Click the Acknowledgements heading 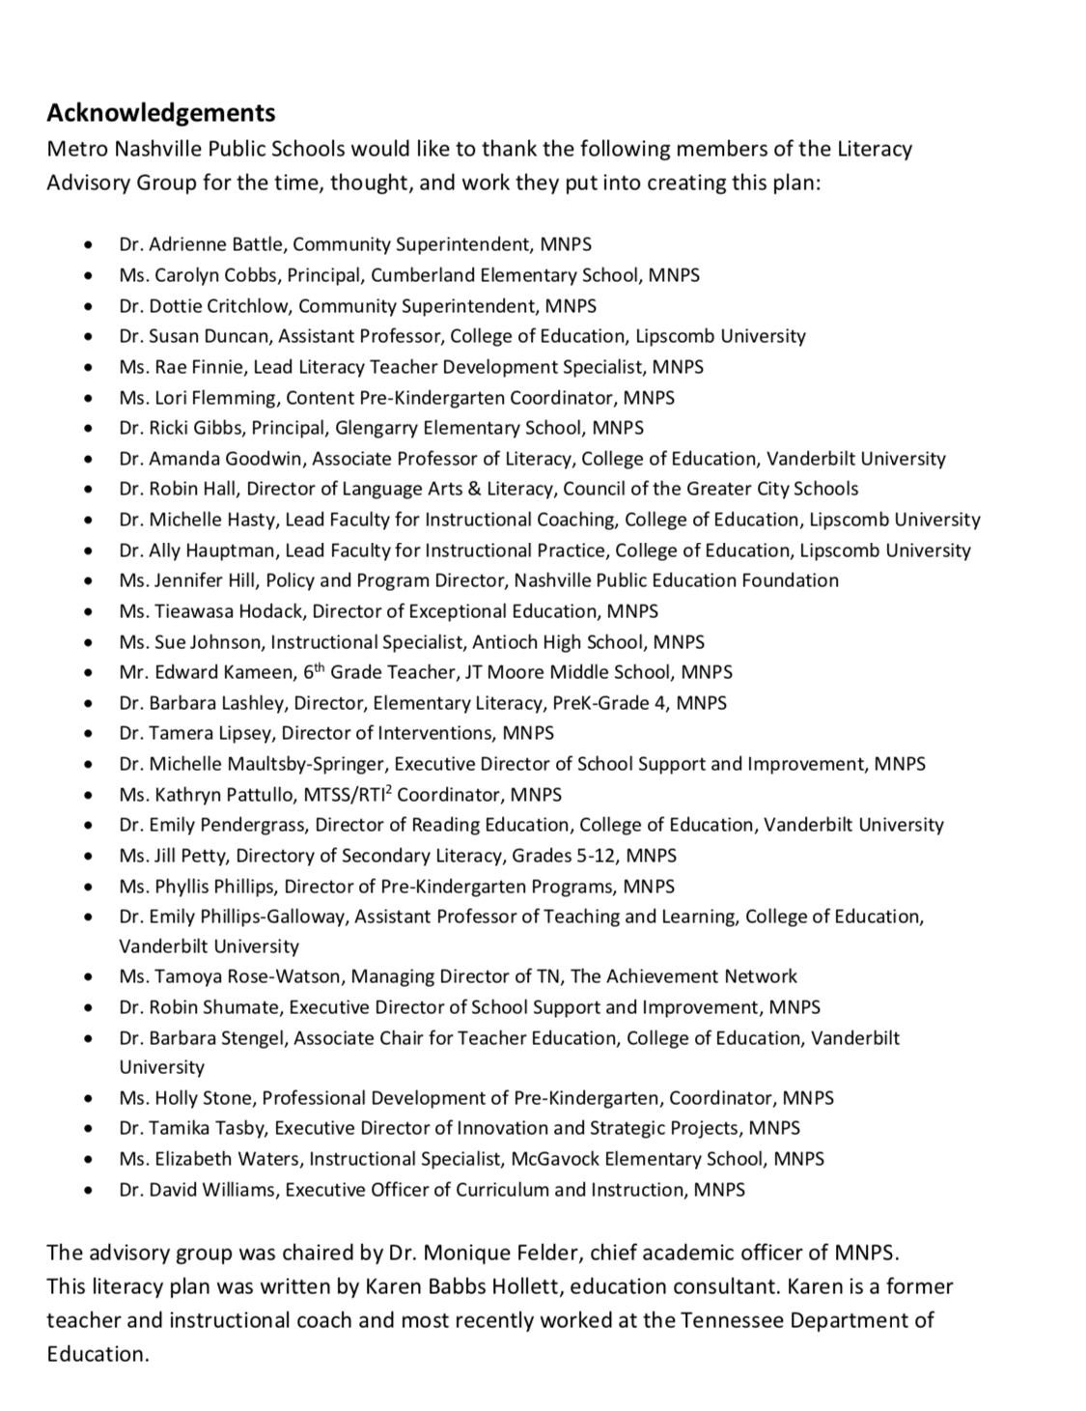point(161,113)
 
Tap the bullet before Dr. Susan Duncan point(90,337)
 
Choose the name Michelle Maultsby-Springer point(267,764)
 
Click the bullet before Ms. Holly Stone point(90,1099)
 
